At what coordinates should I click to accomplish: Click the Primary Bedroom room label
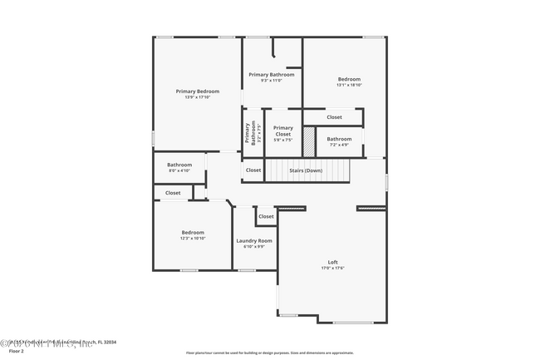(x=197, y=91)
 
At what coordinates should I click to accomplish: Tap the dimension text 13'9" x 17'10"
(x=197, y=97)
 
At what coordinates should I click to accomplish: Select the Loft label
(x=332, y=261)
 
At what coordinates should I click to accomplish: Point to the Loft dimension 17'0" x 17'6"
(x=332, y=268)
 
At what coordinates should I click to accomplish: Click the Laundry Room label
(x=254, y=240)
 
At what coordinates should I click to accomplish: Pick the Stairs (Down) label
(x=306, y=170)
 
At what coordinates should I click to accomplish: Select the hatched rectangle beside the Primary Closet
(x=309, y=139)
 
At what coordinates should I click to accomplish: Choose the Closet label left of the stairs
(x=253, y=170)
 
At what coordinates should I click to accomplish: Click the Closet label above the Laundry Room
(x=266, y=216)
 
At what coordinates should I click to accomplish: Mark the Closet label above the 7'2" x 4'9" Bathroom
(x=334, y=117)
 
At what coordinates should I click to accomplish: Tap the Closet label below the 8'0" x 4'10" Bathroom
(x=173, y=193)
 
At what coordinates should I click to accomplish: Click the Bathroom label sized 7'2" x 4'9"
(x=339, y=139)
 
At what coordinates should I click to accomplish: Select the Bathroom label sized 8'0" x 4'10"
(x=179, y=165)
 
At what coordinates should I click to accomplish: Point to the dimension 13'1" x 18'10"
(x=349, y=85)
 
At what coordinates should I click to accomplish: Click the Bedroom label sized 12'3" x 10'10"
(x=194, y=232)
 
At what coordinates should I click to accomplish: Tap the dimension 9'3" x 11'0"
(x=272, y=81)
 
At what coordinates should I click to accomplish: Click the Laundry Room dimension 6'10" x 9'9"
(x=254, y=247)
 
